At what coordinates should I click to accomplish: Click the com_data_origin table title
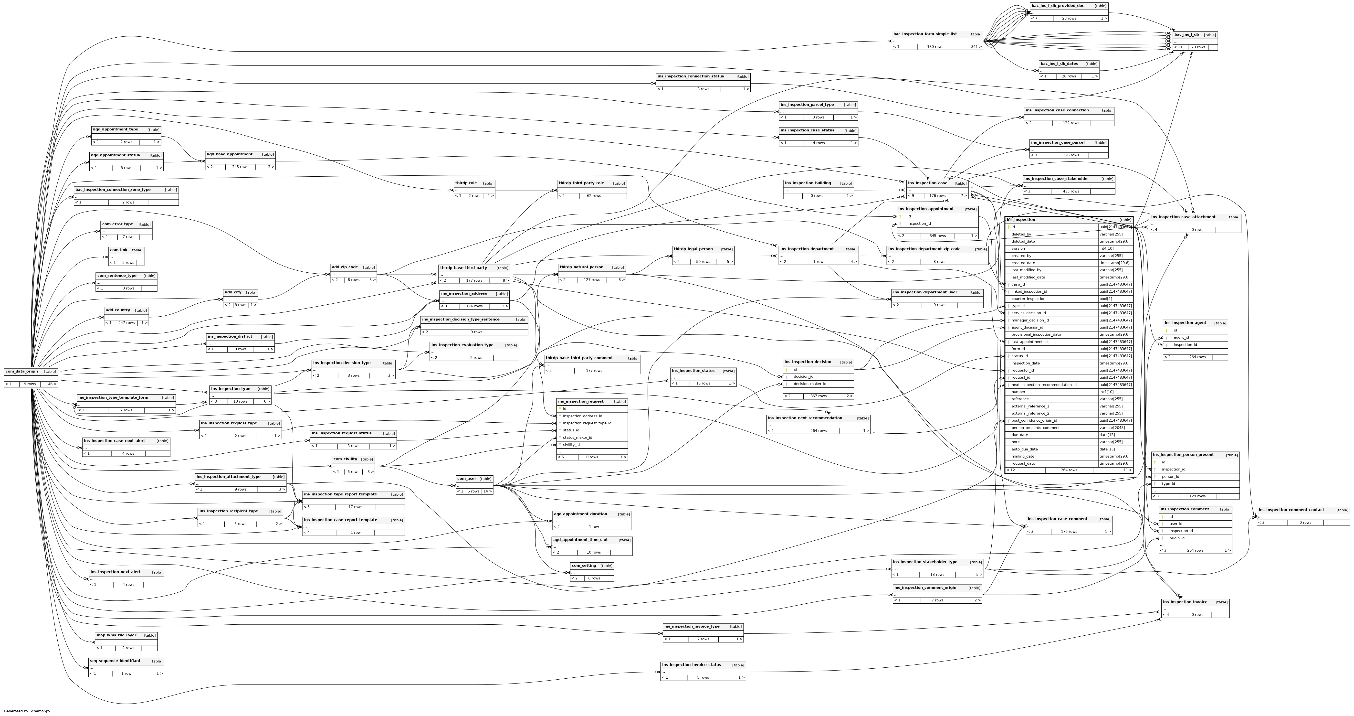(x=21, y=371)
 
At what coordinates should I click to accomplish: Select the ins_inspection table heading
(x=1021, y=220)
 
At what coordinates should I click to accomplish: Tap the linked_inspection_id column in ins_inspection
(x=1029, y=291)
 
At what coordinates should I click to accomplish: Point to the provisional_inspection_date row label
(x=1036, y=334)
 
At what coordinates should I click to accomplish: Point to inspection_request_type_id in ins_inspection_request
(x=587, y=423)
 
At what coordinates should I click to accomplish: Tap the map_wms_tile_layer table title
(x=116, y=635)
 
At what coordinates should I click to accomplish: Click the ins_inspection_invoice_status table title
(x=691, y=664)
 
